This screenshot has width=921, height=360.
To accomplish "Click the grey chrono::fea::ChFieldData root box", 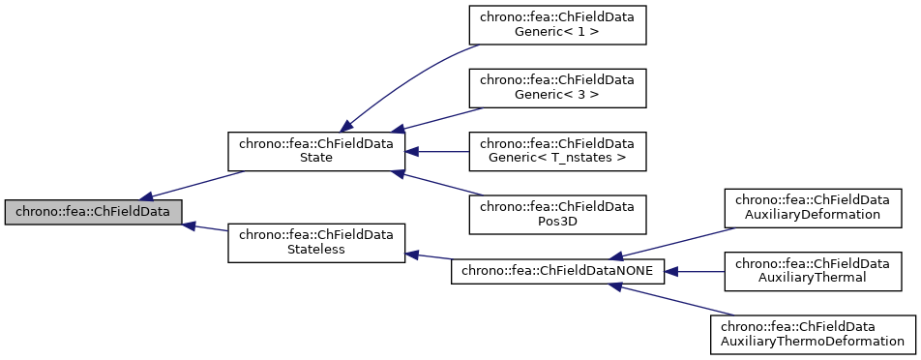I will tap(93, 211).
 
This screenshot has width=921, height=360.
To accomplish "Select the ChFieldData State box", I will tap(315, 150).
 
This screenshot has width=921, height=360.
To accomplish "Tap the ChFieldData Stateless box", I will tap(315, 242).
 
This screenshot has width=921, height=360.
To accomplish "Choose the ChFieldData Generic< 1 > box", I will tap(557, 23).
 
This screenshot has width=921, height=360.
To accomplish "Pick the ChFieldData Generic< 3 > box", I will tap(557, 87).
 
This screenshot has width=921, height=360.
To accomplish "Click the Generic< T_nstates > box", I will tap(557, 150).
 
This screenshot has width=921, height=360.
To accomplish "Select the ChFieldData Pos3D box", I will tap(557, 214).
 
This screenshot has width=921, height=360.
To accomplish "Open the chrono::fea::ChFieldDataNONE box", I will tap(558, 272).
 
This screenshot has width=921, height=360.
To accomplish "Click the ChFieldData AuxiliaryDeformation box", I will tap(813, 207).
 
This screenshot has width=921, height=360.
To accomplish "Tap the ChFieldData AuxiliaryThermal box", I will tap(813, 271).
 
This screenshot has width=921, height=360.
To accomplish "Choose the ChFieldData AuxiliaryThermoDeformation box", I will tap(813, 334).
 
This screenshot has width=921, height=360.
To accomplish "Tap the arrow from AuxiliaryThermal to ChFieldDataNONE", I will tap(695, 272).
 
